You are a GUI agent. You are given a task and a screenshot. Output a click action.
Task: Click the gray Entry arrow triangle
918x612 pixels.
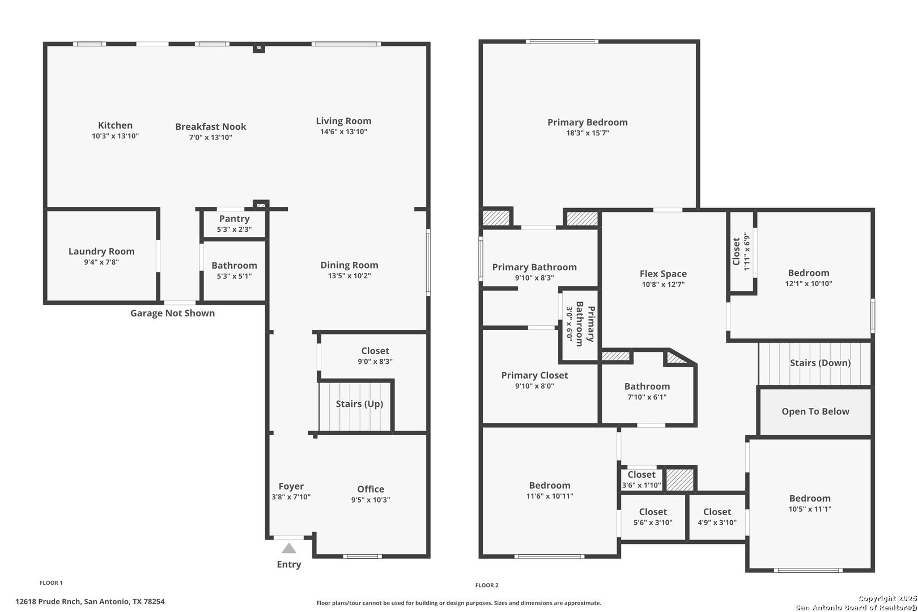(x=289, y=548)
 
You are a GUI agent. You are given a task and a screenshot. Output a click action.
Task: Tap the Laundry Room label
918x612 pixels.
(x=101, y=251)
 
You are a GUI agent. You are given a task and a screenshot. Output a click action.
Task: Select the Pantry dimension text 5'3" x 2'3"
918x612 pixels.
(x=234, y=229)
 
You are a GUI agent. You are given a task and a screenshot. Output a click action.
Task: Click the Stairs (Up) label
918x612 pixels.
(x=359, y=404)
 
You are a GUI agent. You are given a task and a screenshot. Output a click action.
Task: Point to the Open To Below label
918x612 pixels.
(x=815, y=411)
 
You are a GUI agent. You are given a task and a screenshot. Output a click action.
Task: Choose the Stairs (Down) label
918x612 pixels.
(x=820, y=363)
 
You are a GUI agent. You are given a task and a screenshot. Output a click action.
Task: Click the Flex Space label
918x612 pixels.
(x=663, y=273)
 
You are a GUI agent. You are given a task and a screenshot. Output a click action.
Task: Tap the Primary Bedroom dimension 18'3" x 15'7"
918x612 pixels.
(x=587, y=133)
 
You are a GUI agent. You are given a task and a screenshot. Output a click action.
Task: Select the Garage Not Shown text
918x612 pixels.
(x=172, y=313)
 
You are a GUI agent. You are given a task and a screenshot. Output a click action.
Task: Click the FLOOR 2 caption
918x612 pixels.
(x=487, y=585)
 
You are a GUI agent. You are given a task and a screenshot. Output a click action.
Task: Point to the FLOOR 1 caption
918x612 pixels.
(x=51, y=583)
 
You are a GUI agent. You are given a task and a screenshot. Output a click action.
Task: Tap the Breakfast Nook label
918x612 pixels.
(x=211, y=127)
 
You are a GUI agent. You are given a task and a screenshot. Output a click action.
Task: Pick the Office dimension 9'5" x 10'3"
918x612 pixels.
(x=371, y=500)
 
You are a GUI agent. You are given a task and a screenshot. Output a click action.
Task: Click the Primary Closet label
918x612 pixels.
(x=534, y=375)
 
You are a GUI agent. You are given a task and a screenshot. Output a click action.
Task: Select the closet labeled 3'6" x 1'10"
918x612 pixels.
(x=641, y=479)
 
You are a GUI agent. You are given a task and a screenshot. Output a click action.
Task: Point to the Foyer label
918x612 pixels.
(x=291, y=486)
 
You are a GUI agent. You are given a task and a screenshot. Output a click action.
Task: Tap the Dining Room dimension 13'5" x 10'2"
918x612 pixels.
(x=349, y=276)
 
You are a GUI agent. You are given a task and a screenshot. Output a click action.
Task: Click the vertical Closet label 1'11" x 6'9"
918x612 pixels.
(x=741, y=251)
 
